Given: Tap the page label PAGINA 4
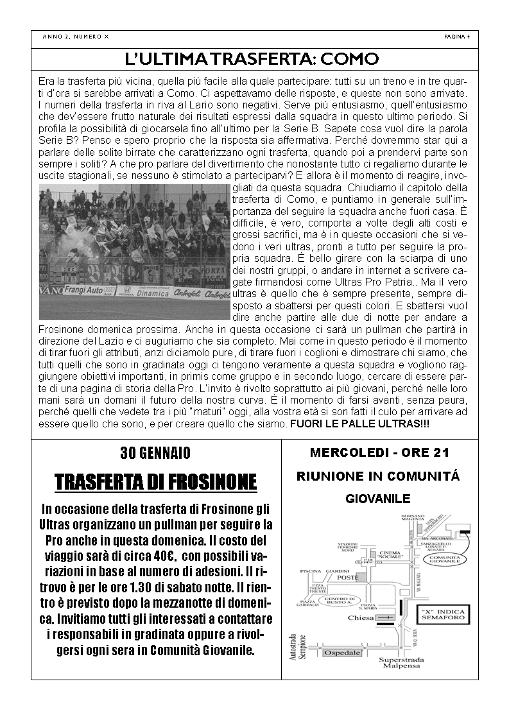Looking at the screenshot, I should coord(457,37).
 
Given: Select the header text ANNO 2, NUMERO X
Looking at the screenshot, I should coord(76,37).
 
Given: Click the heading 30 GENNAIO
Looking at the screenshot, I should coord(155,453).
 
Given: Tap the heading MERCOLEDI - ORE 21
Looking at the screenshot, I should coord(379,453).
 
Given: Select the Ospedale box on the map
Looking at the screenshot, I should coord(342,653).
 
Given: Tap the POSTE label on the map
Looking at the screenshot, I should coord(347,578).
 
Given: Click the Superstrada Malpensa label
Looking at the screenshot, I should coord(401,663).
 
